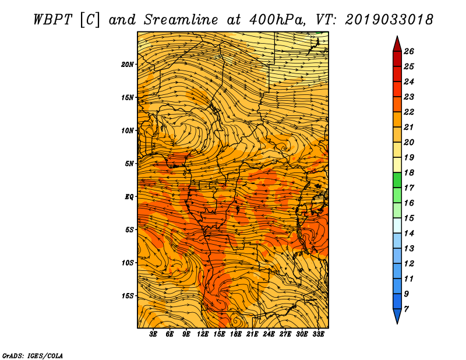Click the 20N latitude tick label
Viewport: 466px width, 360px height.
(128, 65)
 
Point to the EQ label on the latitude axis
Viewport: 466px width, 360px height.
(129, 197)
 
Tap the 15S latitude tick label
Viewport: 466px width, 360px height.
(128, 296)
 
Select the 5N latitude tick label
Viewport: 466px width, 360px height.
(129, 164)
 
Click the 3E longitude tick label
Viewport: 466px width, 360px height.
(153, 334)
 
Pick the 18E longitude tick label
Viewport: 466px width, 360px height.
(236, 334)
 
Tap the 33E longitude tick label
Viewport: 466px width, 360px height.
(318, 334)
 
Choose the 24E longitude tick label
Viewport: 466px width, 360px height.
(269, 334)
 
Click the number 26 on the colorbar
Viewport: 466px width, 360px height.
(409, 51)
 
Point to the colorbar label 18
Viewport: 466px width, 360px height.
(409, 172)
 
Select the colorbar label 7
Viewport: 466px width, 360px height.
(406, 309)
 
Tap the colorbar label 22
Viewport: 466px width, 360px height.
(409, 112)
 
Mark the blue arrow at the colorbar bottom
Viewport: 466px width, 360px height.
(397, 315)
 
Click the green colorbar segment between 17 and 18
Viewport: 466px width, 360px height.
(397, 180)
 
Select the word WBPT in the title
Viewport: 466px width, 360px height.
(52, 20)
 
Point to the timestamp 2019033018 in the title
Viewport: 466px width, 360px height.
(389, 20)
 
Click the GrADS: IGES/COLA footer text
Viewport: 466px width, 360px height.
(33, 356)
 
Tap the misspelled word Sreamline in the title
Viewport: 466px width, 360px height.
(181, 20)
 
